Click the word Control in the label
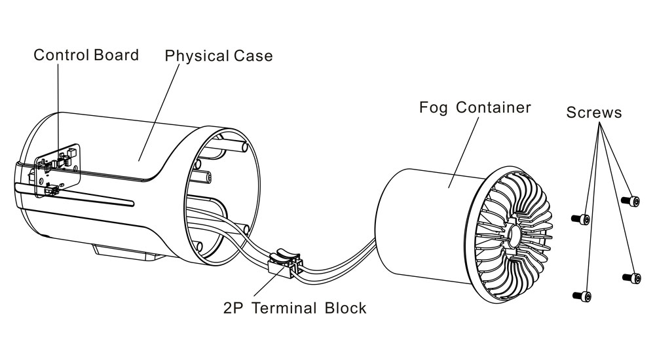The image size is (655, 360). coord(61,55)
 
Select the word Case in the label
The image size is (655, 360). coord(253,56)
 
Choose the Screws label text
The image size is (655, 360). coord(594,113)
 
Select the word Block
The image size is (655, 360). coord(345,308)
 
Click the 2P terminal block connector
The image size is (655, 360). coord(283,261)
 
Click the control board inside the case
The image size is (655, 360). coord(58,168)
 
